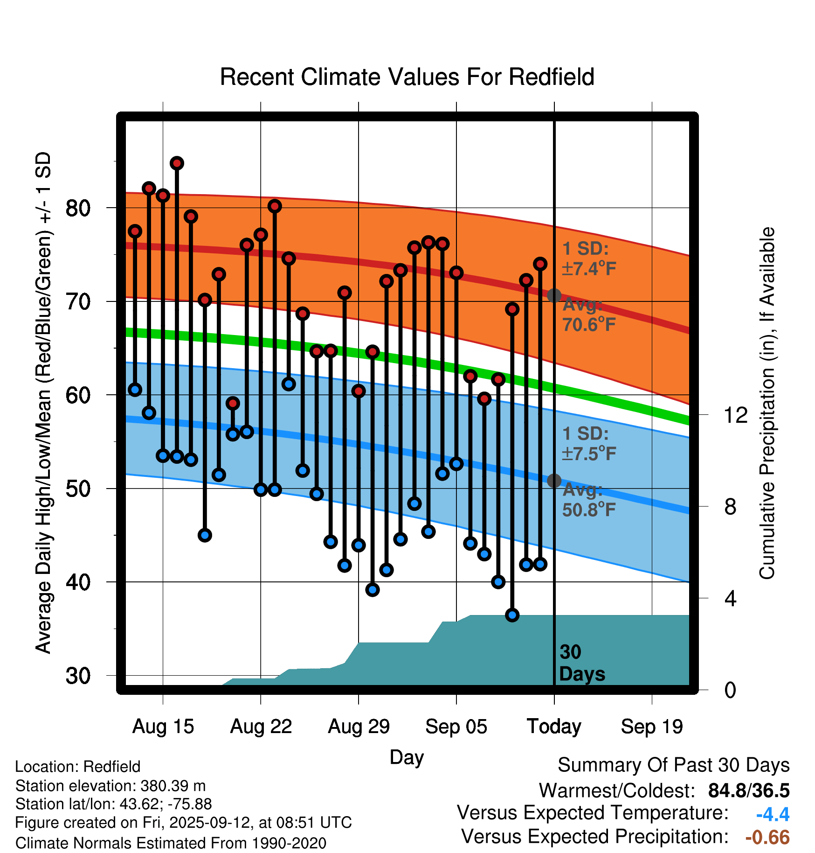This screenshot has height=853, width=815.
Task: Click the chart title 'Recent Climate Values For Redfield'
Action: click(x=407, y=77)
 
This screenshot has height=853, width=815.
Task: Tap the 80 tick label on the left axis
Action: click(x=78, y=208)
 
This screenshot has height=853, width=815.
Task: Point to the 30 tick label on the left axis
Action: click(x=78, y=676)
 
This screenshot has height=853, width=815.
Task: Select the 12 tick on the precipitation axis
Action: click(x=736, y=415)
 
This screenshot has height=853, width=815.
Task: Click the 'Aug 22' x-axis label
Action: click(x=261, y=727)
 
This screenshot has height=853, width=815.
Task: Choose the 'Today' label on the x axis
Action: click(x=554, y=727)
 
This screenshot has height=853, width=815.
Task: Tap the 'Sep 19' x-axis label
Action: click(x=652, y=727)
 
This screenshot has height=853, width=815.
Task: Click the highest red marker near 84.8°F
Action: click(x=177, y=163)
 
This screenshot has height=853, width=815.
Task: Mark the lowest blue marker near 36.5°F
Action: click(x=512, y=615)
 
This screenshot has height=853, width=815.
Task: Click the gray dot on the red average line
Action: click(x=554, y=295)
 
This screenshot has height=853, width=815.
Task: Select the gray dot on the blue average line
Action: click(x=554, y=481)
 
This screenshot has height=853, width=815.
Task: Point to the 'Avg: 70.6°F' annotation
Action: click(x=589, y=315)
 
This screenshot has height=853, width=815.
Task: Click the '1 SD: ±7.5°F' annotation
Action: click(x=589, y=444)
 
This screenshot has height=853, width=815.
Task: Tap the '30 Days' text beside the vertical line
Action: click(x=581, y=663)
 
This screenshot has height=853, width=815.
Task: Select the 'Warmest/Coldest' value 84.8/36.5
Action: click(x=749, y=790)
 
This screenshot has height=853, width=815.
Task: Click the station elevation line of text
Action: click(x=111, y=786)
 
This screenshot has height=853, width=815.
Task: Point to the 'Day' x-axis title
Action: click(x=407, y=757)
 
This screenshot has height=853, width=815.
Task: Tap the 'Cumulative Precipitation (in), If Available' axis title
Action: click(x=767, y=404)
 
